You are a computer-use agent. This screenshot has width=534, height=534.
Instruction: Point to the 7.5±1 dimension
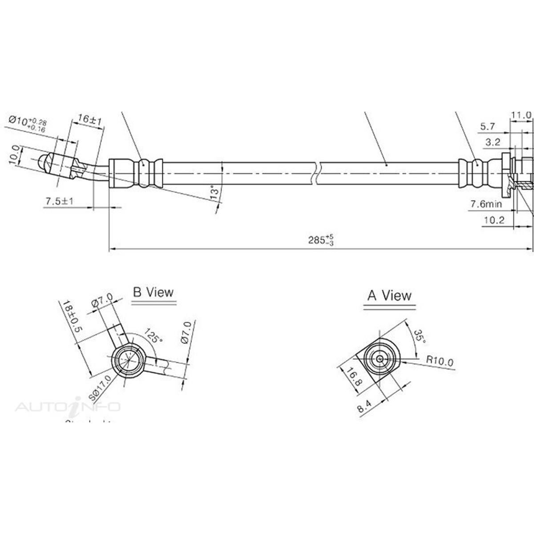pos(60,202)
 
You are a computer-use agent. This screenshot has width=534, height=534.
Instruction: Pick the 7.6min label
pos(486,204)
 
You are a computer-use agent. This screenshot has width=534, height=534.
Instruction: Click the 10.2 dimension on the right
pos(494,220)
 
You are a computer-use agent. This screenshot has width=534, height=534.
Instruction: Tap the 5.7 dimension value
pos(487,127)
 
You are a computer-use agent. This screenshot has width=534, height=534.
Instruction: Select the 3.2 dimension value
pos(493,142)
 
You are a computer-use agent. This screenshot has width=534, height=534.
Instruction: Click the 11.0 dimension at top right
pos(521,115)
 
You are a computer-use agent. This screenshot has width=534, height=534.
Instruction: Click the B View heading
pos(153,292)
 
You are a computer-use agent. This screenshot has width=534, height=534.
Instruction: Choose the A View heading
pos(389,295)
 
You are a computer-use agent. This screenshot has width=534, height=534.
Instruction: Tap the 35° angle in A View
pos(420,336)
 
